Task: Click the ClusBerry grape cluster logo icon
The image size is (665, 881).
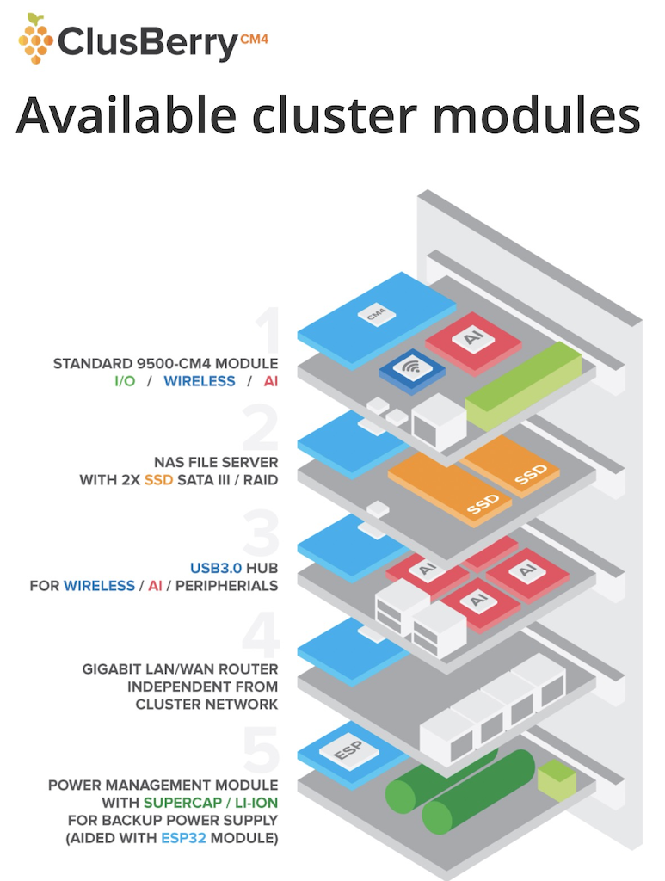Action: (35, 38)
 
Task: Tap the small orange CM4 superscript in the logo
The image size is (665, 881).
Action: (253, 38)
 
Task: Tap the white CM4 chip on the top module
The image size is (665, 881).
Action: (376, 315)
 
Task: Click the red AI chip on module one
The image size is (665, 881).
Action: (473, 339)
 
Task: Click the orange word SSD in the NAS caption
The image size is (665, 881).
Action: (159, 479)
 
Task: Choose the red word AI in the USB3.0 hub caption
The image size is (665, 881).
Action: (155, 585)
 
